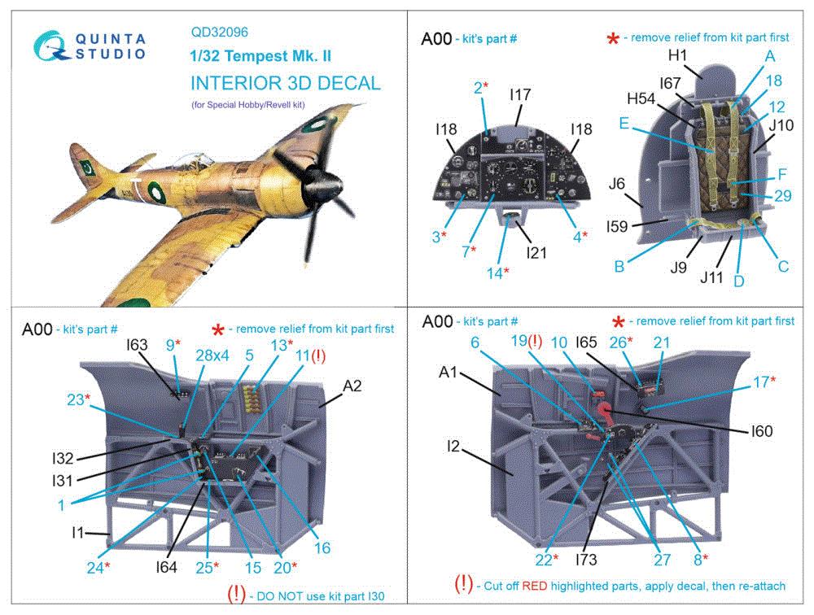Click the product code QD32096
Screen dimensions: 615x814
pos(220,33)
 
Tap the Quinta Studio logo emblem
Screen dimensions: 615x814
pos(49,44)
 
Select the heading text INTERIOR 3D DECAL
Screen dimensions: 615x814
pos(285,84)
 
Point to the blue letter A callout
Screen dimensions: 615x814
pos(769,55)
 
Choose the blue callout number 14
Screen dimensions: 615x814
pos(495,273)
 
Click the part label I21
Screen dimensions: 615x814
pos(536,253)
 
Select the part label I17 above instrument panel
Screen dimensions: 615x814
pos(520,95)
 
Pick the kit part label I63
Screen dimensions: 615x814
pos(137,345)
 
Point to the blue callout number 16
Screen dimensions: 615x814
pos(322,548)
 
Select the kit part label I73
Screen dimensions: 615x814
pos(586,559)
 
